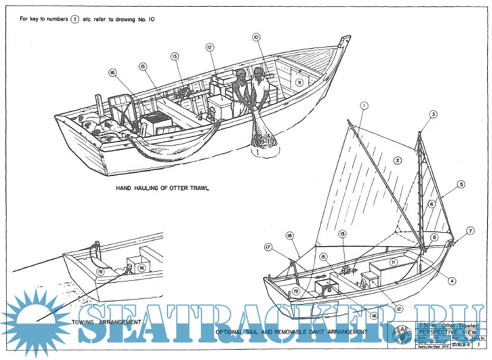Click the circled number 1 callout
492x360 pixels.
364,105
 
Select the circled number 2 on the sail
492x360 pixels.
397,161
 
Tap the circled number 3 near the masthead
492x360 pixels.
434,114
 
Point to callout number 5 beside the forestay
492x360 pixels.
462,183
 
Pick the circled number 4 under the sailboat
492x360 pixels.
452,281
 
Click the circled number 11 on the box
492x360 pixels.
394,262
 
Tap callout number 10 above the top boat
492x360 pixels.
256,38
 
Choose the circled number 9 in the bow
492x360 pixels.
299,82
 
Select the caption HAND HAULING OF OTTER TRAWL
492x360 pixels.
163,189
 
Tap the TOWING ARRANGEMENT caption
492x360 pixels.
106,321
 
